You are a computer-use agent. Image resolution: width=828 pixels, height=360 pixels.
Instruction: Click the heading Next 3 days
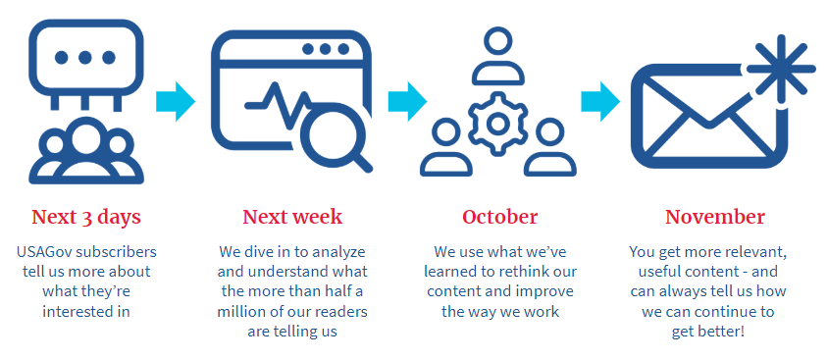click(86, 217)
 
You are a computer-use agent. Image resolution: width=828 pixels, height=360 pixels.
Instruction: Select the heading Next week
click(292, 217)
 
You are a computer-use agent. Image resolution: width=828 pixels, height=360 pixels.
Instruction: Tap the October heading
click(500, 217)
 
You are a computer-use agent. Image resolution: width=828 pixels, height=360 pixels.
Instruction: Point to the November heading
click(715, 217)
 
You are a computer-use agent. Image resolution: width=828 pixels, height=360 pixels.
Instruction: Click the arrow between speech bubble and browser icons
click(176, 101)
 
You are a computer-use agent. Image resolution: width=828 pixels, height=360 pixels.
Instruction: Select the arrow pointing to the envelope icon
click(600, 101)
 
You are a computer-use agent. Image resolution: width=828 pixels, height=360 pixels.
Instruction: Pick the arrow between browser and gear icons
click(408, 101)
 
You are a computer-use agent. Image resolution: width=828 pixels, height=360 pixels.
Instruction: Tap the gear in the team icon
click(496, 124)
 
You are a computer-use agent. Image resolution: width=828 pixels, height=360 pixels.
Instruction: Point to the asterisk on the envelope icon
click(781, 68)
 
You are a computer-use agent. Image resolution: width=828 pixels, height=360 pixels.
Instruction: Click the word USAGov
click(44, 251)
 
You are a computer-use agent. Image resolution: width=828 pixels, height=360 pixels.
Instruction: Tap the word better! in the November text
click(727, 332)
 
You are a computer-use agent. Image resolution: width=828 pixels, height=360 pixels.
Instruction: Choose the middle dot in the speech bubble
click(85, 57)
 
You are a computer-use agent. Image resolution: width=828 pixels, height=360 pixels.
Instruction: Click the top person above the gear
click(498, 57)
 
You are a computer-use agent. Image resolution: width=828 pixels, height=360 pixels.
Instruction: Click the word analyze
click(340, 252)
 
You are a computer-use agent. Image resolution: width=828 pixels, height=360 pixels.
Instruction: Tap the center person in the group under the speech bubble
click(85, 153)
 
